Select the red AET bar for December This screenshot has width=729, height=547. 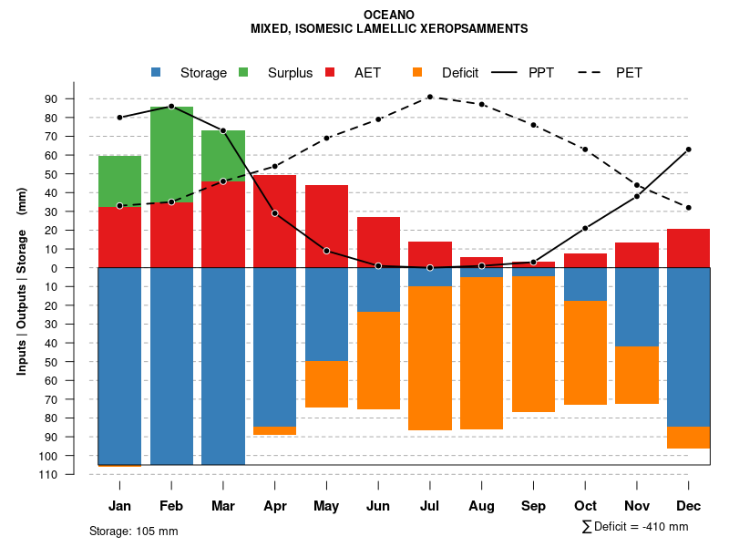688,248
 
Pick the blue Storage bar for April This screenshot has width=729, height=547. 274,346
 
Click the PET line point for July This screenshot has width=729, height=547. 430,97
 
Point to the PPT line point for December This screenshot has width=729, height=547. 689,149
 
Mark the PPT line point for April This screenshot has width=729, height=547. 274,213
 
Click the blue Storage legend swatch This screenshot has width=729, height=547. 157,73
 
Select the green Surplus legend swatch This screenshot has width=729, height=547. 243,73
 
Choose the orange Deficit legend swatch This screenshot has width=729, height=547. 417,73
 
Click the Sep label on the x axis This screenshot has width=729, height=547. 533,506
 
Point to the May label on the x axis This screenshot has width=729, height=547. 326,506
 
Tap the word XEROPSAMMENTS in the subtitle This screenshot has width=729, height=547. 469,29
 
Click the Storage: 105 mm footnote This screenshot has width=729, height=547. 133,531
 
